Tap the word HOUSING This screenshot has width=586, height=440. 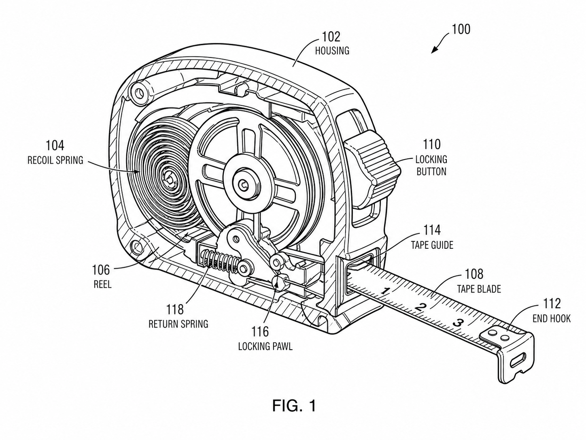pyautogui.click(x=332, y=51)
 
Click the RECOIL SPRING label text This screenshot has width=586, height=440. pyautogui.click(x=55, y=160)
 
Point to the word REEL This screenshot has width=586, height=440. pyautogui.click(x=102, y=284)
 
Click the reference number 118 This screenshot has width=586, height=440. pyautogui.click(x=175, y=310)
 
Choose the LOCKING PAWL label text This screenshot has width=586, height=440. pyautogui.click(x=265, y=346)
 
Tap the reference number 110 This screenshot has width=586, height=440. pyautogui.click(x=432, y=145)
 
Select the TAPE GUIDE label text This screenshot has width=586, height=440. pyautogui.click(x=432, y=245)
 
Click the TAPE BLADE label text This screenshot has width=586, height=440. pyautogui.click(x=479, y=289)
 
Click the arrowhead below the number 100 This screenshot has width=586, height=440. pyautogui.click(x=435, y=50)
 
